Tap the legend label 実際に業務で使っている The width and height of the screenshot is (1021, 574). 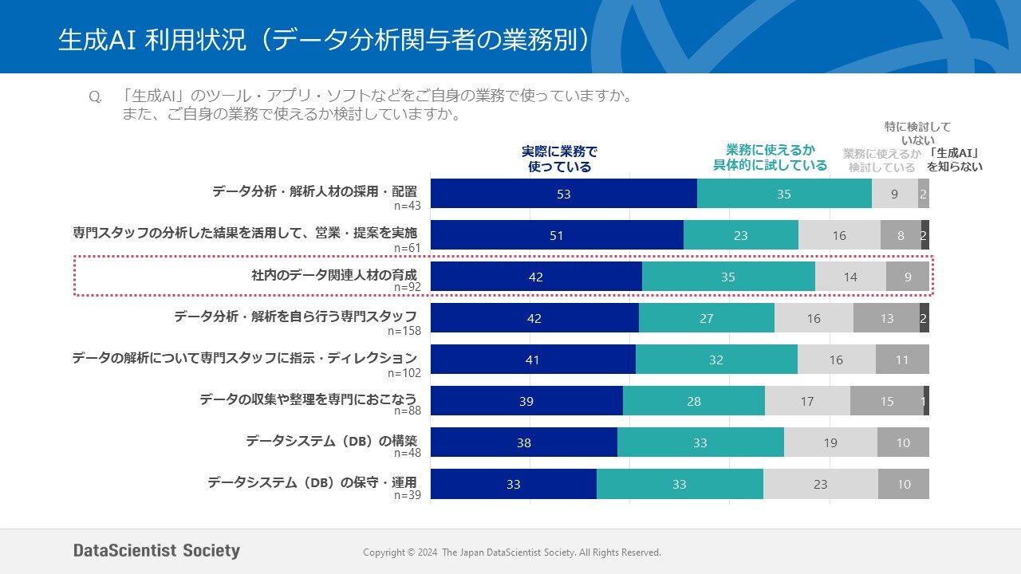coord(559,159)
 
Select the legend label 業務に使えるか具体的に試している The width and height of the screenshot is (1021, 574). coord(770,157)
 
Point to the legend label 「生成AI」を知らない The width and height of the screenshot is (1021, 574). coord(954,159)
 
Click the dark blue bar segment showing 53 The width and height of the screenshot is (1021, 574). coord(564,194)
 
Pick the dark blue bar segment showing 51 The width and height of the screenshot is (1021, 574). coord(557,235)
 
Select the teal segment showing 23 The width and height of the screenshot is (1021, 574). coord(741,235)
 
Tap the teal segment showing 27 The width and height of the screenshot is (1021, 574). coord(706,318)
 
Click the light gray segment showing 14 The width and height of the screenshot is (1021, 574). coord(850,277)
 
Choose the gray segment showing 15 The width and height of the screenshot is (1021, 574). coord(886,401)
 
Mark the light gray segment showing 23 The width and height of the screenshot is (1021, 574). coord(820,484)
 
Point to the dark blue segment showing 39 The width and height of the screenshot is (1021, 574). coord(526,401)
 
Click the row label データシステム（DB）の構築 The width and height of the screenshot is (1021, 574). coord(331,440)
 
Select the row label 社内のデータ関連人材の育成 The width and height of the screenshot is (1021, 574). coord(334,275)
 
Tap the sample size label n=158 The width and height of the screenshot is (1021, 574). coord(404,330)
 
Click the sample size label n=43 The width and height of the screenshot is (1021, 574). coord(408,205)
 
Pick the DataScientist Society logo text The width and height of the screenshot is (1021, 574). coord(156,551)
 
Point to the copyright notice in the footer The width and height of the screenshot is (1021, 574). coord(511,552)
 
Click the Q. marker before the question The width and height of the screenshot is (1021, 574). coord(95,97)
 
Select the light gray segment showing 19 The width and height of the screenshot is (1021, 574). coord(830,442)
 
